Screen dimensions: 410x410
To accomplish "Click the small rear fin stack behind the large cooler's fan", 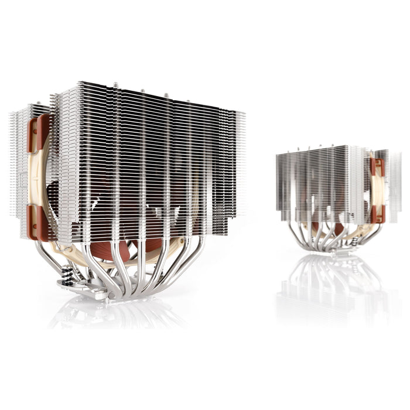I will [x=20, y=170].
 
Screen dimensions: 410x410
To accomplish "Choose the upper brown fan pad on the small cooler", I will [x=376, y=166].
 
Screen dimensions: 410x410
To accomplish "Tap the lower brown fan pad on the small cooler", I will [x=377, y=214].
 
